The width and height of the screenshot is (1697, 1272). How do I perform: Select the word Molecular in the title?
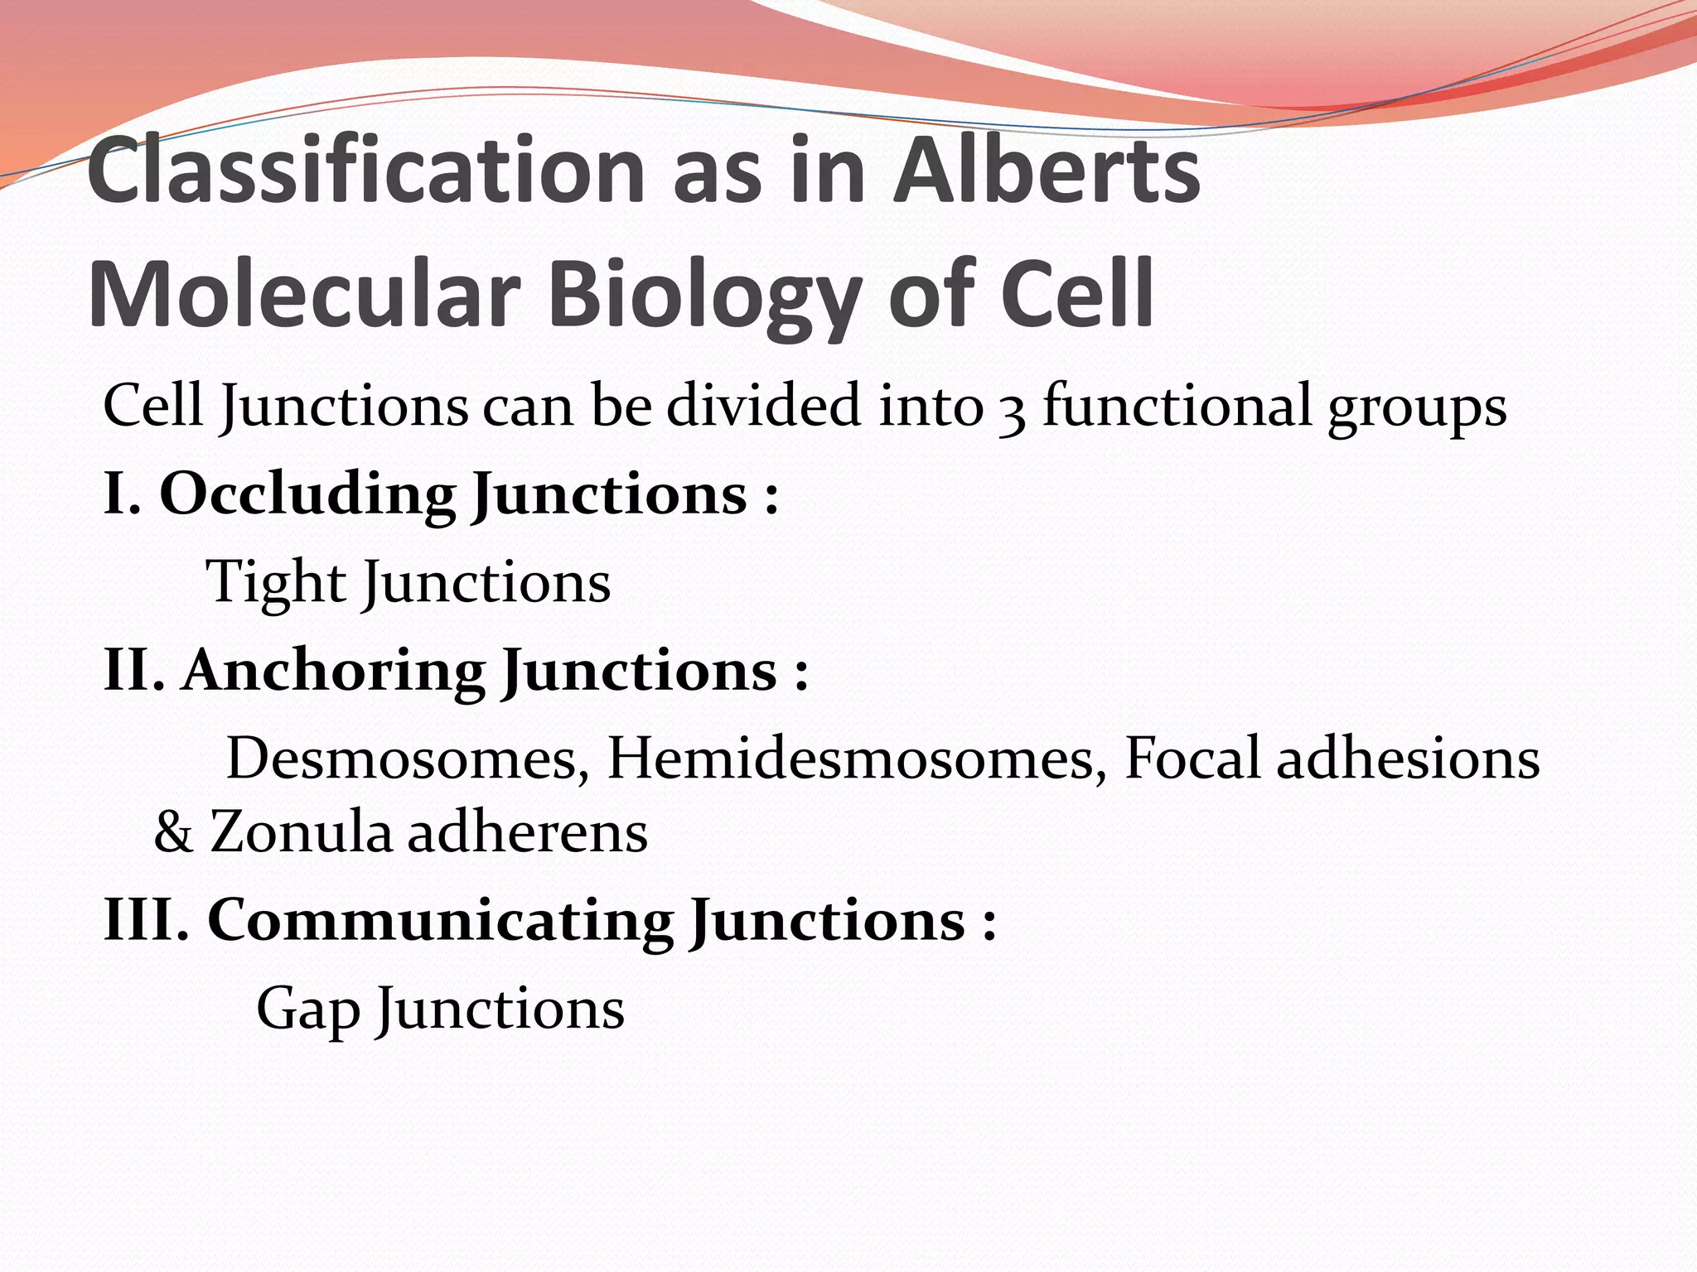303,294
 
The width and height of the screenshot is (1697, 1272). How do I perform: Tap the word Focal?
1192,758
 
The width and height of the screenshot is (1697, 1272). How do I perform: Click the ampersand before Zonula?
173,833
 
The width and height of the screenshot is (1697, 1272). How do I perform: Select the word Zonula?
300,832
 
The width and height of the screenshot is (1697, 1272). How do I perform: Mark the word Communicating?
440,920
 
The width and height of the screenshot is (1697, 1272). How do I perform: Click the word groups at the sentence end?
1417,410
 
